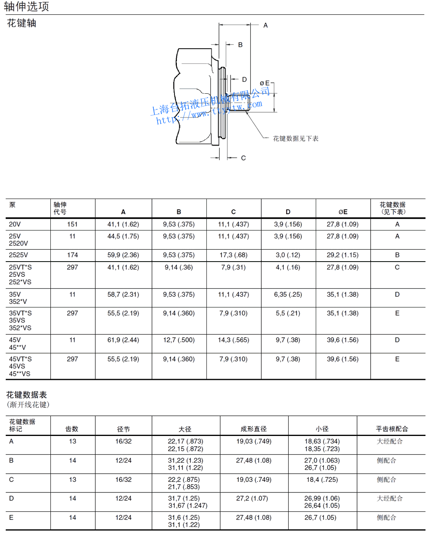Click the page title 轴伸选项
tap(26, 7)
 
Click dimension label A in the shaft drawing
tap(265, 25)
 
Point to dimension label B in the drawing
tap(240, 45)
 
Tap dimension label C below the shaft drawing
tap(243, 158)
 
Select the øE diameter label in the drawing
tap(265, 83)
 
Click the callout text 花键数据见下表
tap(295, 138)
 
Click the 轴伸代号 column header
tap(60, 208)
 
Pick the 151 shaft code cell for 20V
tap(72, 224)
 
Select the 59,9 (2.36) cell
tap(123, 255)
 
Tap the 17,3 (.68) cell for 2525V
tap(233, 255)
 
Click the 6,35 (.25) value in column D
tap(288, 294)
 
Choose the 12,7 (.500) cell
tap(179, 340)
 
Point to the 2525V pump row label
tap(18, 255)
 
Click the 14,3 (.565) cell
tap(233, 340)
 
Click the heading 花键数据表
tap(27, 395)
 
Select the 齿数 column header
tap(72, 429)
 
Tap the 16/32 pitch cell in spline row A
tap(123, 441)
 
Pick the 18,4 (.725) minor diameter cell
tap(322, 479)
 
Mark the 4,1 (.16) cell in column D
tap(288, 267)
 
